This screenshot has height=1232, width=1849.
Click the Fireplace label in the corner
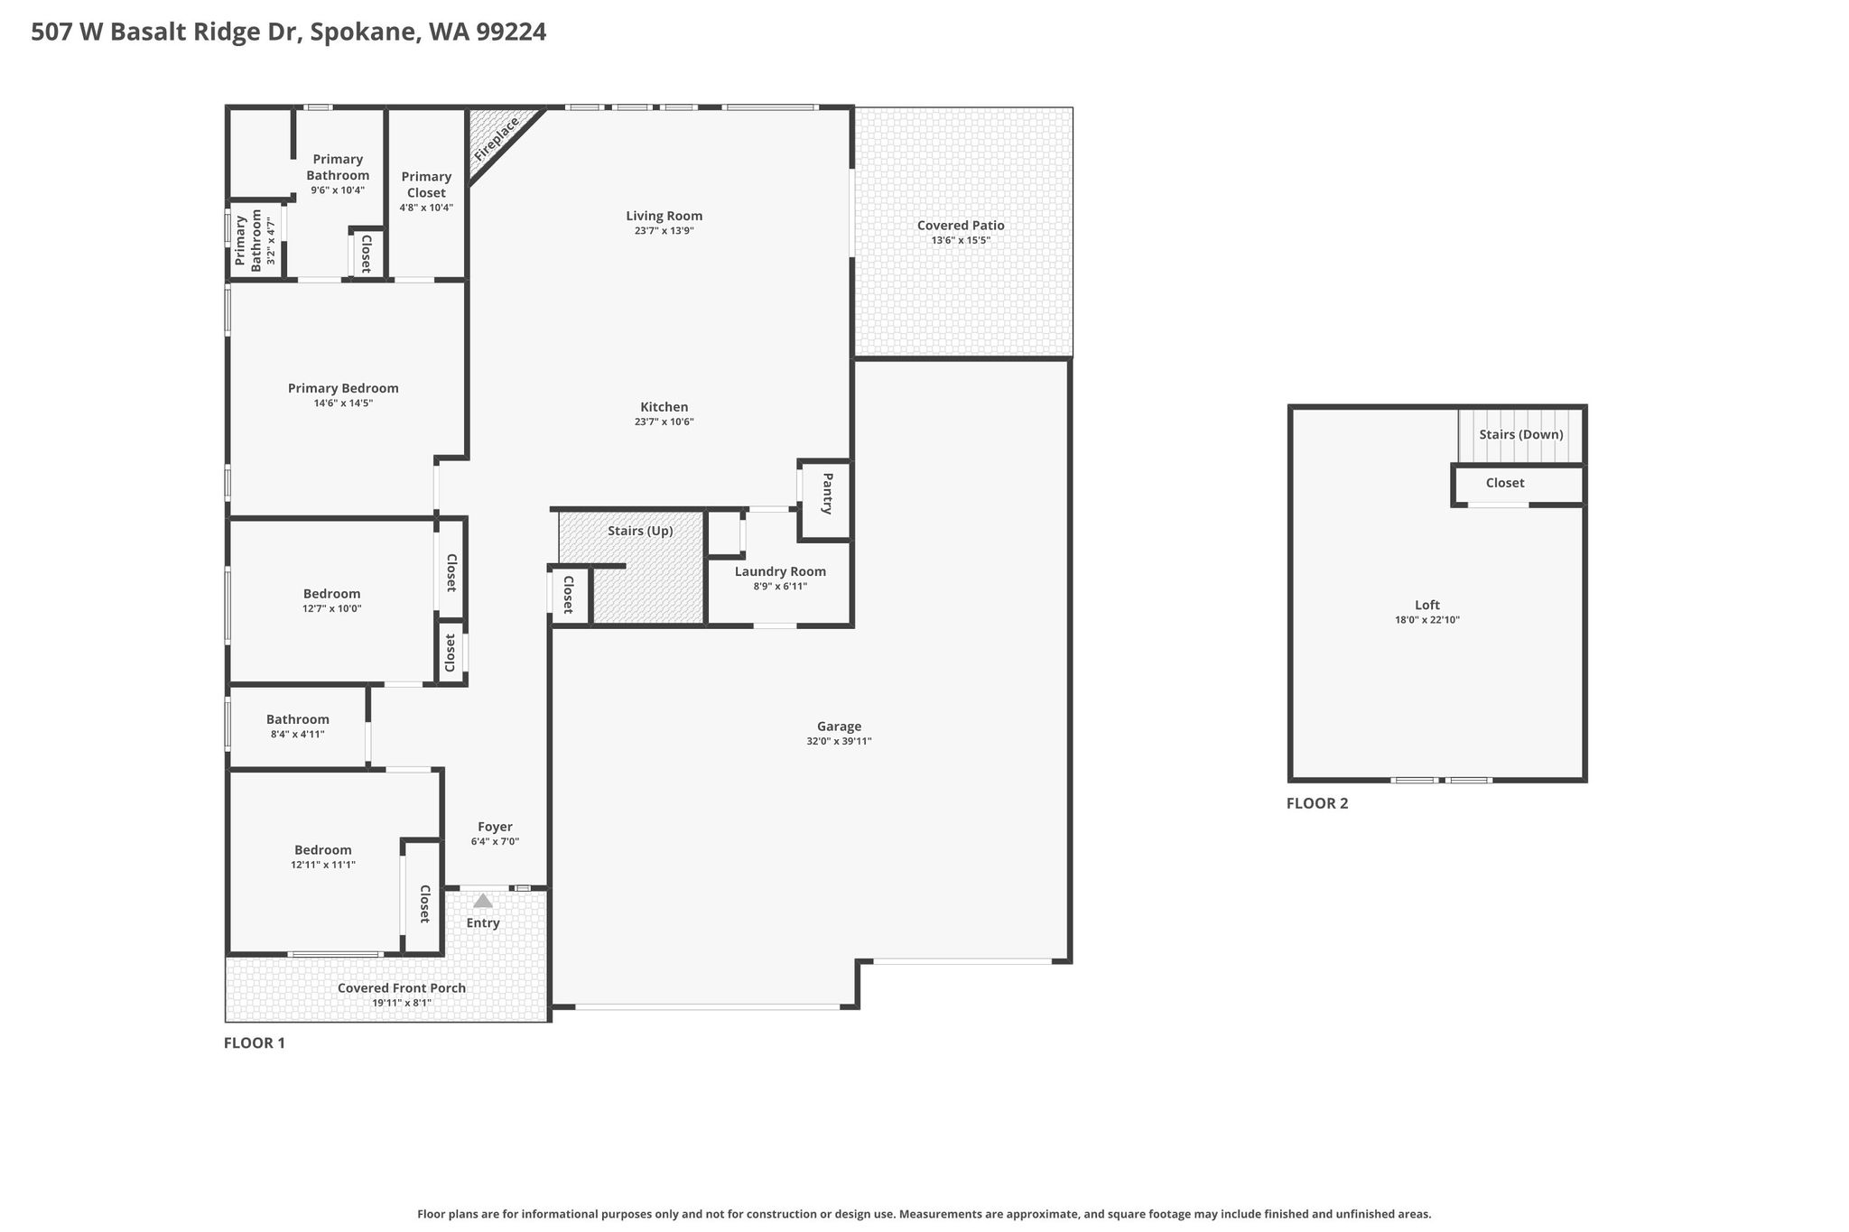click(x=497, y=140)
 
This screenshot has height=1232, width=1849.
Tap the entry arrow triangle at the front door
click(x=483, y=900)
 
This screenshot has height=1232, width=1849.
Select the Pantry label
click(x=827, y=494)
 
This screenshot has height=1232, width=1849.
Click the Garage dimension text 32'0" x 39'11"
click(x=839, y=742)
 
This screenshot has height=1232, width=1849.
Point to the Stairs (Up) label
click(x=640, y=531)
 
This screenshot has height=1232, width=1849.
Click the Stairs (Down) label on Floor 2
click(x=1520, y=434)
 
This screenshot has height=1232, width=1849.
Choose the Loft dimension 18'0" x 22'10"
click(x=1426, y=620)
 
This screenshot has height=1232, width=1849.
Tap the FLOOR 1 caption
click(x=255, y=1043)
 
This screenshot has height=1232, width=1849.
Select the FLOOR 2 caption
click(x=1317, y=803)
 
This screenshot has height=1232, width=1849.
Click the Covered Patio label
click(x=961, y=226)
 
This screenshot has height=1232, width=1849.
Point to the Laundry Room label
click(x=780, y=571)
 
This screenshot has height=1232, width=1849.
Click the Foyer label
click(x=495, y=827)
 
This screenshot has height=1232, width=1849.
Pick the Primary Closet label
click(x=426, y=185)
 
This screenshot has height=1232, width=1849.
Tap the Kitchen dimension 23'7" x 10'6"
click(x=664, y=421)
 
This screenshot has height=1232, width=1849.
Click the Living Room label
click(x=664, y=216)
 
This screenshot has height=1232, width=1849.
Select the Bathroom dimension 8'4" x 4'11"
click(x=297, y=735)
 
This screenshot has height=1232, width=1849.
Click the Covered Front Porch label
click(x=402, y=988)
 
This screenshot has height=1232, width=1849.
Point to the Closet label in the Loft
click(x=1505, y=483)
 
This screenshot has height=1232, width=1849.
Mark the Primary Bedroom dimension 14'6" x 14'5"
click(x=343, y=403)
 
